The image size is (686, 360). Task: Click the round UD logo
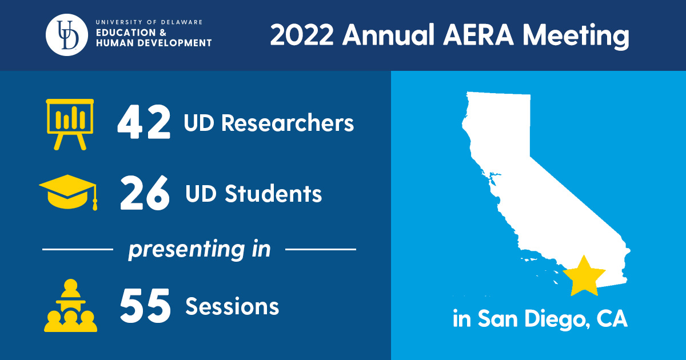pos(67,35)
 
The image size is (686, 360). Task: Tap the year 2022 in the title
pos(302,35)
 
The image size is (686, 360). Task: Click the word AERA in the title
pos(478,35)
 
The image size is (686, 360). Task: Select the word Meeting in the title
pos(576,37)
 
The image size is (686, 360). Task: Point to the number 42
pos(143,122)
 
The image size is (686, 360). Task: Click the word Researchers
pos(287,123)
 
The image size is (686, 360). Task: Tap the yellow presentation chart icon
pos(70,125)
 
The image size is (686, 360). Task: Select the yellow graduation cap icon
pos(68,193)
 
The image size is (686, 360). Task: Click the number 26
pos(145,193)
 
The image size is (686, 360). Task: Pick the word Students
pos(273,194)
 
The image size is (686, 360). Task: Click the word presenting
pos(187,250)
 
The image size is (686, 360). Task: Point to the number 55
pos(145,306)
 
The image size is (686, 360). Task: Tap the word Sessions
pos(232,306)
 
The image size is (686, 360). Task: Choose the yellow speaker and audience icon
pos(70,305)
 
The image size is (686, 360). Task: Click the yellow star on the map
pos(584,277)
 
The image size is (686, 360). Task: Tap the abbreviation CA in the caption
pos(612,319)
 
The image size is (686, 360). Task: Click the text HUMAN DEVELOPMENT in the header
pos(154,43)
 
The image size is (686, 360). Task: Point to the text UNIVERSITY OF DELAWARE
pos(149,22)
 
